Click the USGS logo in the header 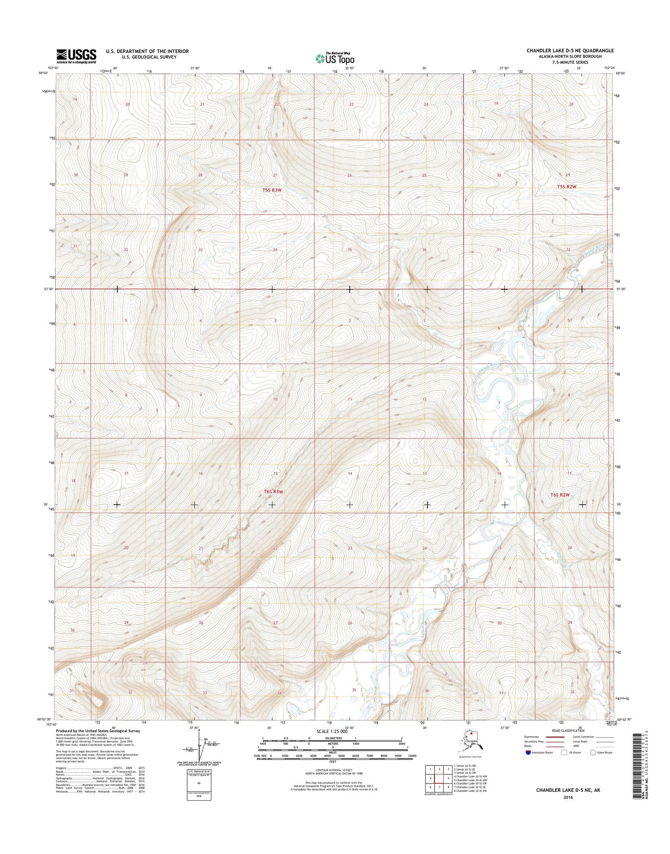[x=76, y=56]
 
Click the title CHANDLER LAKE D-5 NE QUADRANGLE [x=570, y=51]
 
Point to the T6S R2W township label [x=560, y=495]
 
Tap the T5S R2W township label [x=567, y=186]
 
